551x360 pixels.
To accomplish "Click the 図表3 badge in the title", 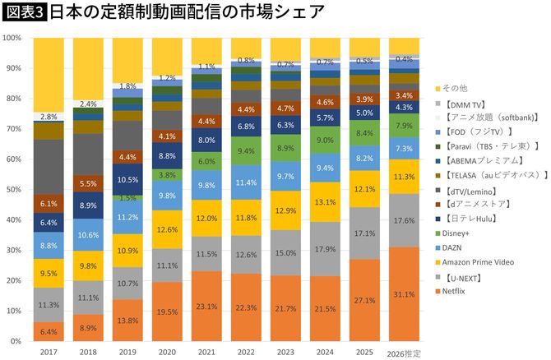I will click(x=25, y=12).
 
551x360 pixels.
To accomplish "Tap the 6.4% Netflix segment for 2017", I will click(x=48, y=331).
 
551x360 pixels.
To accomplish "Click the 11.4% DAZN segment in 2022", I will click(x=246, y=182).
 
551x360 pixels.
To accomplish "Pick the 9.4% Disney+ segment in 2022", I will click(x=246, y=151).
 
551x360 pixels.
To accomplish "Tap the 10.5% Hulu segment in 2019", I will click(x=127, y=180).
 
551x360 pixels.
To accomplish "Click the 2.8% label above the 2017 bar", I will click(x=48, y=117).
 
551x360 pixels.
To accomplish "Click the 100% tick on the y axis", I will click(x=12, y=38).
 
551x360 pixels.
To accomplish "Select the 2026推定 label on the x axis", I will click(x=404, y=353).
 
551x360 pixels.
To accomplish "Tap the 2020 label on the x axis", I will click(x=166, y=352).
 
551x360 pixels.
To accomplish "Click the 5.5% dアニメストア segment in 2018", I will click(x=87, y=184).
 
